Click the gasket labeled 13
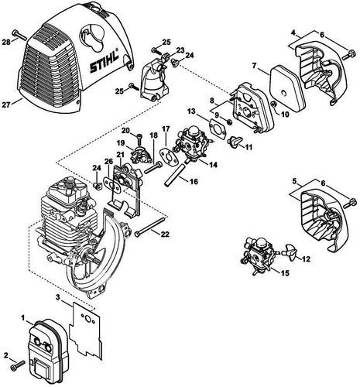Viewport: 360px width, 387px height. point(213,124)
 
